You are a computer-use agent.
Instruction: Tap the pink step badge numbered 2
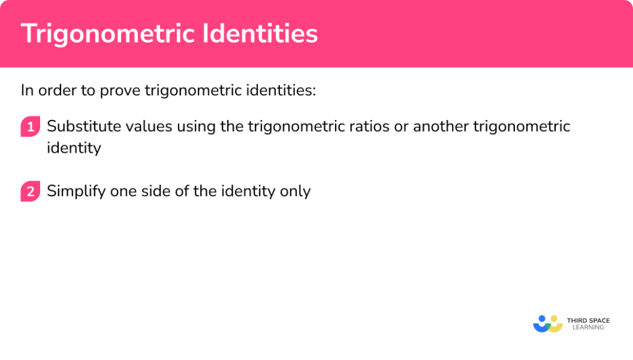pos(30,192)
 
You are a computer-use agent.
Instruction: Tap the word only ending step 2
pos(295,192)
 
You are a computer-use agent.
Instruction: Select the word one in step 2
pos(124,192)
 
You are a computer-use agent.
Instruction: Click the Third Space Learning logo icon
pos(547,324)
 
